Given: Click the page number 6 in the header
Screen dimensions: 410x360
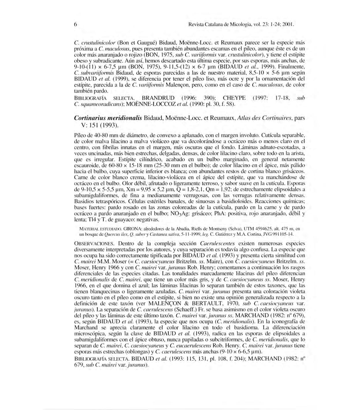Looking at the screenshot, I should click(x=75, y=25).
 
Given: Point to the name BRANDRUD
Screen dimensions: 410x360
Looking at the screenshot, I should click(x=159, y=98).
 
